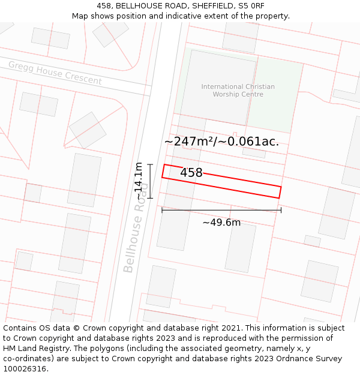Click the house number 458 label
(191, 173)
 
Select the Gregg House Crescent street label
(55, 73)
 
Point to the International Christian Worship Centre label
(238, 91)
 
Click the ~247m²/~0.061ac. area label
(221, 142)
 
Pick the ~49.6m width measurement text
(221, 223)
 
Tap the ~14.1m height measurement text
(139, 181)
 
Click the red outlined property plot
(240, 182)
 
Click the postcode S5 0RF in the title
(251, 6)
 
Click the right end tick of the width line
(281, 210)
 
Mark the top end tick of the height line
(150, 164)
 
